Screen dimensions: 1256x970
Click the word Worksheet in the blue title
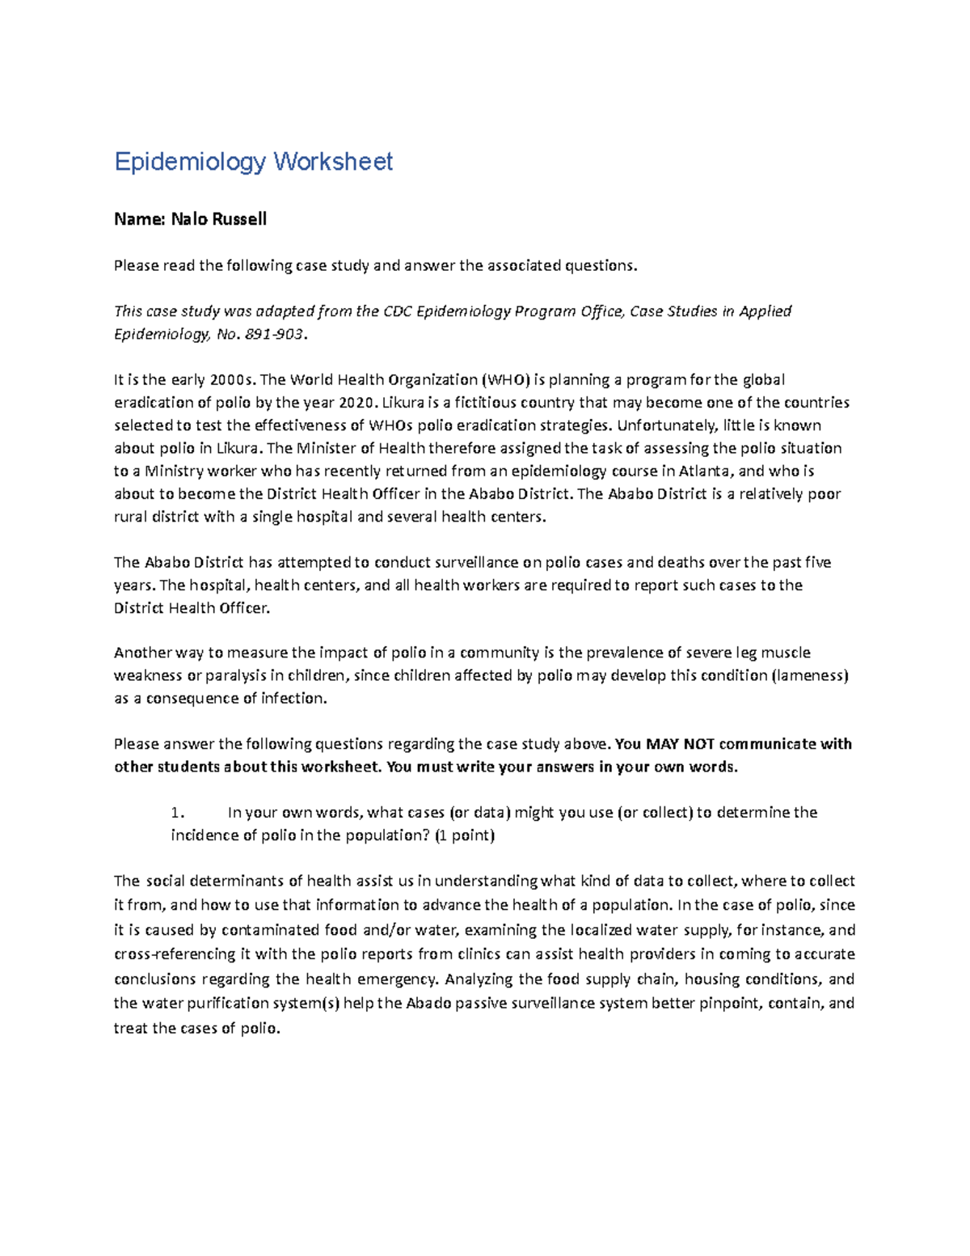pos(333,162)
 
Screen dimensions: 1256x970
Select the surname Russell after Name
pos(239,219)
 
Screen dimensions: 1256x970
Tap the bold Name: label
pos(139,219)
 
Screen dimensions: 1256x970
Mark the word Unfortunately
pos(660,425)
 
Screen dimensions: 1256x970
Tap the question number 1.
pos(179,813)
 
